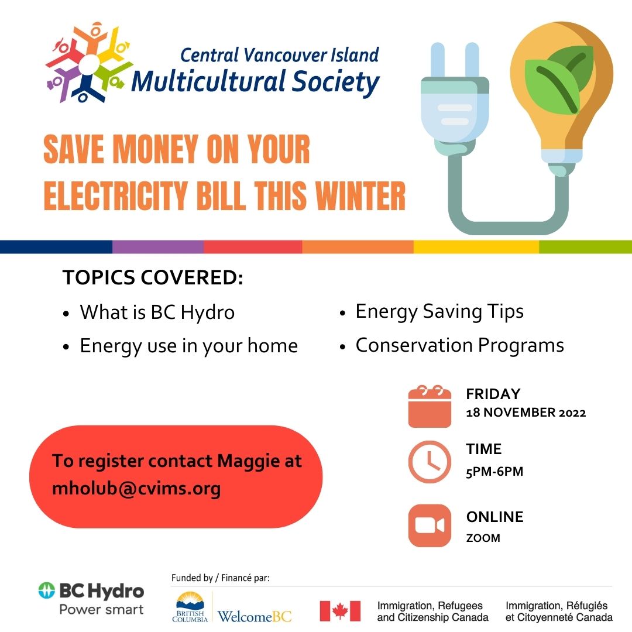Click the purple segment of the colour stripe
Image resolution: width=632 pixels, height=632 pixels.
click(158, 247)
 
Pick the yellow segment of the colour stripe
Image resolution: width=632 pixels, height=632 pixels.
click(476, 247)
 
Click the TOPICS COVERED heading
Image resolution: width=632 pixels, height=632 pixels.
click(153, 277)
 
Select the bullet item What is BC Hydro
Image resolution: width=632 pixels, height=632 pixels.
click(157, 312)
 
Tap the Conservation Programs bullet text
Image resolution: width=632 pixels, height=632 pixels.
click(459, 345)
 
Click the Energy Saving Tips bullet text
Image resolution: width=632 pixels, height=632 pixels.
click(439, 312)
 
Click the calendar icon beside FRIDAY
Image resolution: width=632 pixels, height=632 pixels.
click(430, 406)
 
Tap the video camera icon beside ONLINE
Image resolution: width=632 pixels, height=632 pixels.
click(430, 525)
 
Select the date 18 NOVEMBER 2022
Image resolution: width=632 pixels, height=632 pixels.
click(526, 413)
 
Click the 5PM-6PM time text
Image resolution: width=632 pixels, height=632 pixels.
click(494, 472)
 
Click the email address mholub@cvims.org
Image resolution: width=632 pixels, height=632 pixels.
click(136, 489)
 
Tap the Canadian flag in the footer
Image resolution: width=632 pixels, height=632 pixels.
click(340, 610)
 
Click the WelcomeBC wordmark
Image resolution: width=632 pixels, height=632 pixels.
click(255, 616)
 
